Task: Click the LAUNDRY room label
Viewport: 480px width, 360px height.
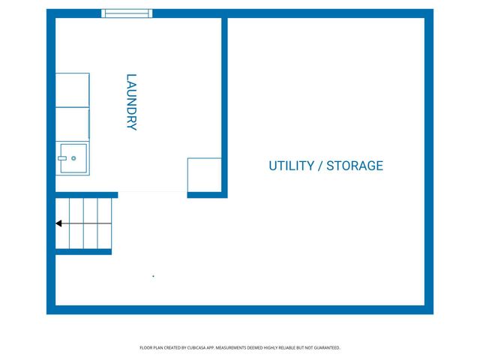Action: [x=131, y=102]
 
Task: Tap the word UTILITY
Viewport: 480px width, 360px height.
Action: [x=292, y=166]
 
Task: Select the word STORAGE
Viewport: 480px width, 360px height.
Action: [x=355, y=166]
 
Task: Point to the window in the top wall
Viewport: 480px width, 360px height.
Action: [x=127, y=13]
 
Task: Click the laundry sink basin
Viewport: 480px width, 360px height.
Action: [x=73, y=158]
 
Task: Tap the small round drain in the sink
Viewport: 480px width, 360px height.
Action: [x=73, y=158]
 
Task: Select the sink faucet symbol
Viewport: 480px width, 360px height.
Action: [x=62, y=158]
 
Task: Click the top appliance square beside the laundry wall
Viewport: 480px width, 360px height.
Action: [x=73, y=90]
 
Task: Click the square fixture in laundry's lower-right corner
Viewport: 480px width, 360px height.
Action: [x=204, y=175]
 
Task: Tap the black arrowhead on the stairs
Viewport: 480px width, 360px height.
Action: [x=58, y=223]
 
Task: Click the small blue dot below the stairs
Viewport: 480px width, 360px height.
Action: [x=153, y=276]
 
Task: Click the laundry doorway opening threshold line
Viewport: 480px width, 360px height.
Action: [x=152, y=192]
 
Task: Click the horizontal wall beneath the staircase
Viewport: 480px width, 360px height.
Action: [x=83, y=252]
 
